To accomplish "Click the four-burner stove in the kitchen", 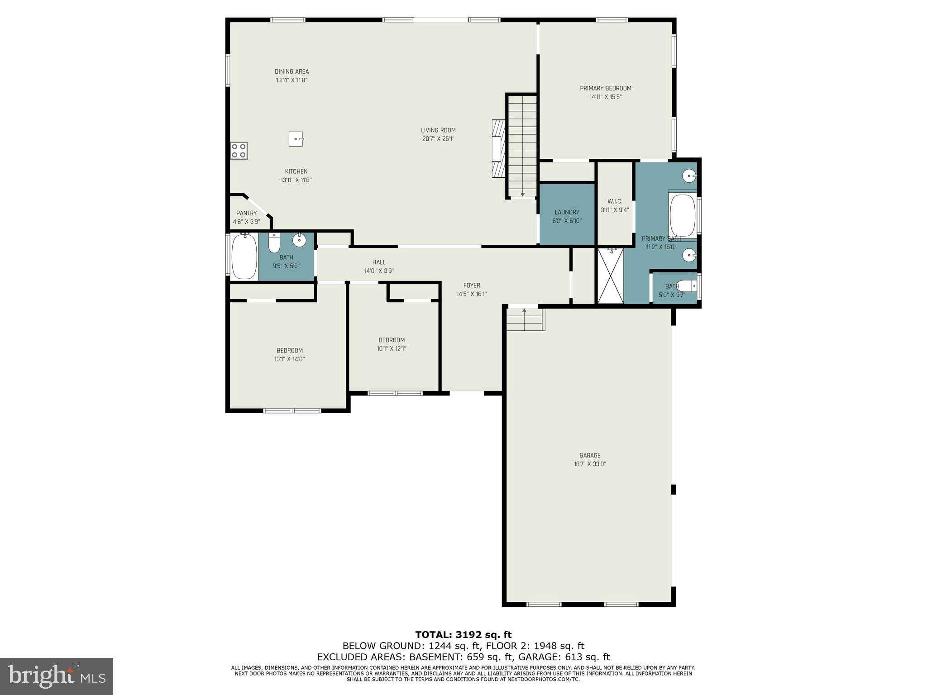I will (239, 150).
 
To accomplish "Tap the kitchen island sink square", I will (296, 139).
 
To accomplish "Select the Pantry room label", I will (246, 213).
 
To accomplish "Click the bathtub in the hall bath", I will (244, 257).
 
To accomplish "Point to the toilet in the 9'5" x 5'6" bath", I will (274, 243).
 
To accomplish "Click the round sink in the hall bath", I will (299, 240).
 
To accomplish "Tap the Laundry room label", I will (567, 212).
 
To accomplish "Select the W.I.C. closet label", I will (615, 201).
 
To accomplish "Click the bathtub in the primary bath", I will (682, 215).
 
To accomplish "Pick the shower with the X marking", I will (611, 276).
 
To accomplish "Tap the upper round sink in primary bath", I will (689, 176).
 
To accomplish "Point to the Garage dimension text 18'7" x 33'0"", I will (590, 464).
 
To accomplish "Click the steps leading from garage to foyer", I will (525, 319).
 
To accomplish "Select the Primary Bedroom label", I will (606, 88).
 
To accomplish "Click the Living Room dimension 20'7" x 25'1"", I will (438, 139).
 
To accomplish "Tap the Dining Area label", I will (291, 71).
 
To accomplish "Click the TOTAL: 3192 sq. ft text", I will (463, 635).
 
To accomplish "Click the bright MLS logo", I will (57, 676).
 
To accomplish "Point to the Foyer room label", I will (472, 286).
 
